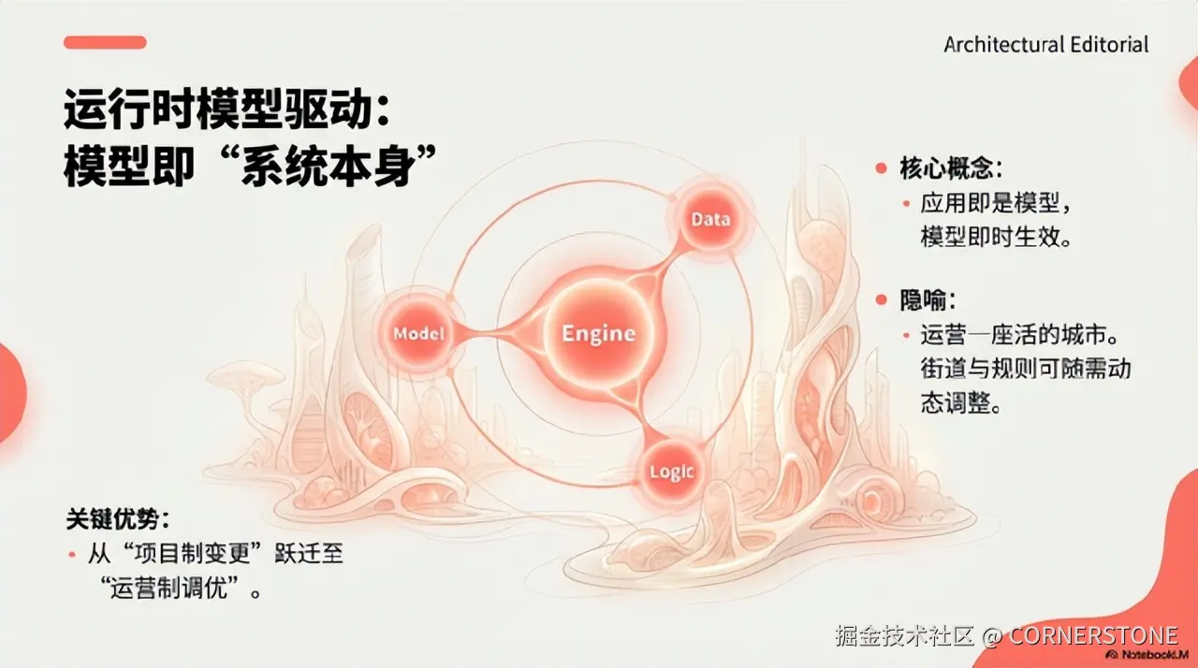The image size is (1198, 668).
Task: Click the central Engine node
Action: point(598,333)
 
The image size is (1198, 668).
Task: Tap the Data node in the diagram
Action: point(709,220)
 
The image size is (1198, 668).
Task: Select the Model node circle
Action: point(417,333)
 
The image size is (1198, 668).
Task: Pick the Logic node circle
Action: point(671,471)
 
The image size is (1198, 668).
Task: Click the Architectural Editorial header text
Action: point(1045,44)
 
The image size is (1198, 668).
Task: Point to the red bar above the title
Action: point(105,42)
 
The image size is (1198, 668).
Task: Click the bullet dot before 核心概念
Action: point(881,168)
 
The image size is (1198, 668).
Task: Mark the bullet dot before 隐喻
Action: point(881,300)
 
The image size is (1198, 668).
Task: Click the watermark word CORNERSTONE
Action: point(1093,637)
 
